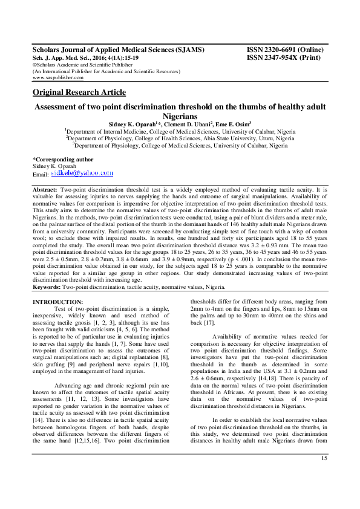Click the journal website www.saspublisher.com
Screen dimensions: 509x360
(58, 78)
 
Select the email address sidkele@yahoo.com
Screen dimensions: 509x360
(82, 173)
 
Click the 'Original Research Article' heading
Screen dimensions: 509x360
(79, 92)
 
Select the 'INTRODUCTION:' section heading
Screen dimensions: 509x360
(57, 301)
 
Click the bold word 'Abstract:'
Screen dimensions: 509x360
(46, 190)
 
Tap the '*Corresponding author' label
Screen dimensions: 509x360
(63, 159)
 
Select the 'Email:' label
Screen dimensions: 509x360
(40, 174)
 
